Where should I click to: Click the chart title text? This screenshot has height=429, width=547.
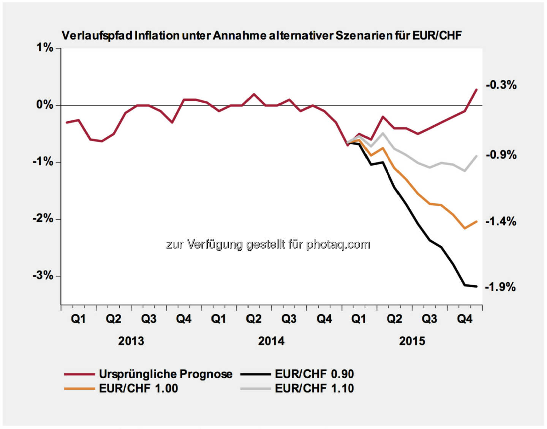coord(261,36)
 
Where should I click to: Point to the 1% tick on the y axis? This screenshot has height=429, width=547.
coord(45,48)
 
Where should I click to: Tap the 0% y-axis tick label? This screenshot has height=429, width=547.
coord(45,105)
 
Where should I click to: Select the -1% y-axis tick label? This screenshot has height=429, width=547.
coord(43,162)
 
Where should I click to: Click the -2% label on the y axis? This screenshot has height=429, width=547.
coord(43,218)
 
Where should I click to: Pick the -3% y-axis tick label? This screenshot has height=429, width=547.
coord(43,275)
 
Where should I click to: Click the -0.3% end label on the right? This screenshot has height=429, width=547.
coord(501,85)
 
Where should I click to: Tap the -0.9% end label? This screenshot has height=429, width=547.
coord(501,155)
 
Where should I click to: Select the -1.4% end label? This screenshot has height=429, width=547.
coord(501,221)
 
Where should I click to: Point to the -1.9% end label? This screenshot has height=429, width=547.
coord(500,287)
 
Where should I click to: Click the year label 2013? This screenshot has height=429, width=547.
coord(131,341)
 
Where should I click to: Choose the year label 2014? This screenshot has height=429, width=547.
coord(271,341)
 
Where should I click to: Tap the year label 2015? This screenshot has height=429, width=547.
coord(412,341)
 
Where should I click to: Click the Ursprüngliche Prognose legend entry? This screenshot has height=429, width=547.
coord(166,374)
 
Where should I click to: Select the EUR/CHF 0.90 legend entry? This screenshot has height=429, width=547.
coord(314,374)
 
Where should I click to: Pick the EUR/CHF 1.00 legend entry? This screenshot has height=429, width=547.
coord(138,388)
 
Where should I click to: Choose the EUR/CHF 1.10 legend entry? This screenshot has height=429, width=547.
coord(314,388)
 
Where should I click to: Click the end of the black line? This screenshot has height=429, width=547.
coord(476,286)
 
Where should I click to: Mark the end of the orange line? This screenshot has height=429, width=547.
coord(476,222)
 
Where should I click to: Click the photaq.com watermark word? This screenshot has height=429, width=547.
coord(338,244)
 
